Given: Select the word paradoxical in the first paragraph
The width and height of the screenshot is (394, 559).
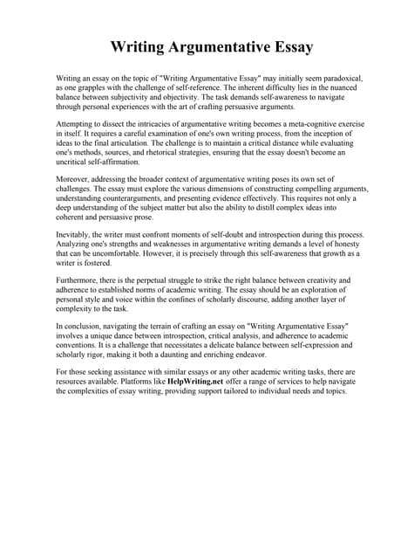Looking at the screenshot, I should [x=320, y=79].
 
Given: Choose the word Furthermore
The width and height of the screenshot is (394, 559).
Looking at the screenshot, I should [x=80, y=281].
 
